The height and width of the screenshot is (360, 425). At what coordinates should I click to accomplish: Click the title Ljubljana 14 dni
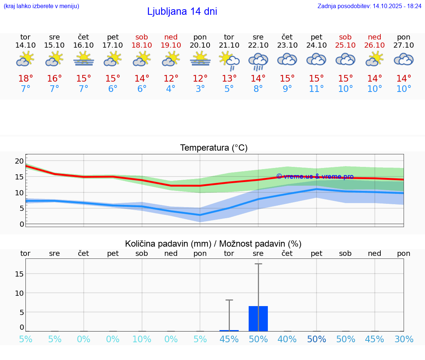pos(182,11)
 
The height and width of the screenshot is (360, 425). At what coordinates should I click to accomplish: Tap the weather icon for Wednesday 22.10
pos(258,61)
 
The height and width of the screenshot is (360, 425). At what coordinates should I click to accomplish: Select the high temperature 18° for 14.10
pos(25,79)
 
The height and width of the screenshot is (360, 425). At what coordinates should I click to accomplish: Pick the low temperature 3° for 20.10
pos(200,89)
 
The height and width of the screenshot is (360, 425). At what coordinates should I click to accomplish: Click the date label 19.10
pos(171,45)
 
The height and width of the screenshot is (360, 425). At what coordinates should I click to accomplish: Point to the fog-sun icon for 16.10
pos(84,59)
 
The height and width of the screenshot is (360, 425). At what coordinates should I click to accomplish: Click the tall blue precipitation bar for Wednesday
pos(258,318)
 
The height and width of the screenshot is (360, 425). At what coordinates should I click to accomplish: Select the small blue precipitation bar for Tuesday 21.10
pos(229,330)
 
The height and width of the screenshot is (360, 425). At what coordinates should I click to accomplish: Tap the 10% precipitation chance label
pos(142,339)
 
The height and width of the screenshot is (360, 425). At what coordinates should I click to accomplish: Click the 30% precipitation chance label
pos(404,339)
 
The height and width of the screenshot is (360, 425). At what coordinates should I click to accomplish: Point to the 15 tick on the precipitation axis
pos(20,274)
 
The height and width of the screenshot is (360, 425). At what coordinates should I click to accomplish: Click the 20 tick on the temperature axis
pos(19,161)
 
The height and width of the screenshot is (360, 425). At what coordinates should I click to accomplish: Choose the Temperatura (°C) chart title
pos(214,148)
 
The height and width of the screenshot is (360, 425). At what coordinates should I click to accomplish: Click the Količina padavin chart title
pos(213,244)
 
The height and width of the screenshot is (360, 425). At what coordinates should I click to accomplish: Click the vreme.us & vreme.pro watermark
pos(315,176)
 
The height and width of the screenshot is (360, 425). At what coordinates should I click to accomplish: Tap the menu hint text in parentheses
pos(41,6)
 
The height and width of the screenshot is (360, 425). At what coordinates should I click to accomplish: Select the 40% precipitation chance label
pos(287,339)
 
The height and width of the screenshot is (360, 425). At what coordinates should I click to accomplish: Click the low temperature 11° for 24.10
pos(316,89)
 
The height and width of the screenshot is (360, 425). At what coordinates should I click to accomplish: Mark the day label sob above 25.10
pos(345,37)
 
